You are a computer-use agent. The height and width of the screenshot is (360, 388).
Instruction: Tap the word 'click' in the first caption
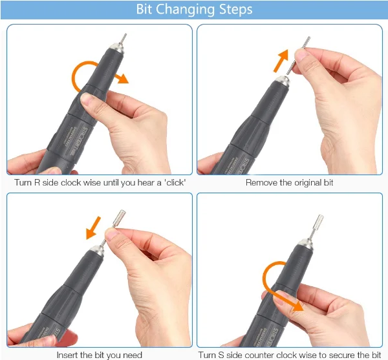(x=175, y=182)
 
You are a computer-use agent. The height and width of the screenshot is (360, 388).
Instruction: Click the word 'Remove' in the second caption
(x=261, y=182)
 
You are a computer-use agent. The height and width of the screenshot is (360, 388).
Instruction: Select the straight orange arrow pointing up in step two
(x=281, y=61)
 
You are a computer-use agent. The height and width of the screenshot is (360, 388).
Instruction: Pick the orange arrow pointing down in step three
(x=92, y=228)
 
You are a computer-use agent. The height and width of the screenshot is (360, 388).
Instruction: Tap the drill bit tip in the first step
(x=124, y=38)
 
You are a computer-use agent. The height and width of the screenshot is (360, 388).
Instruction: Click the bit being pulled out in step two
(x=298, y=55)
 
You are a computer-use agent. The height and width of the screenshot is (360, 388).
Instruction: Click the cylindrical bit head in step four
(x=318, y=221)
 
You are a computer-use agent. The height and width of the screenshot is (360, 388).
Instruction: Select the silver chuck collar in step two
(x=283, y=80)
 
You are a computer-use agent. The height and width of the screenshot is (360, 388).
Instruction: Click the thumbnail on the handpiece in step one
(x=86, y=98)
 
